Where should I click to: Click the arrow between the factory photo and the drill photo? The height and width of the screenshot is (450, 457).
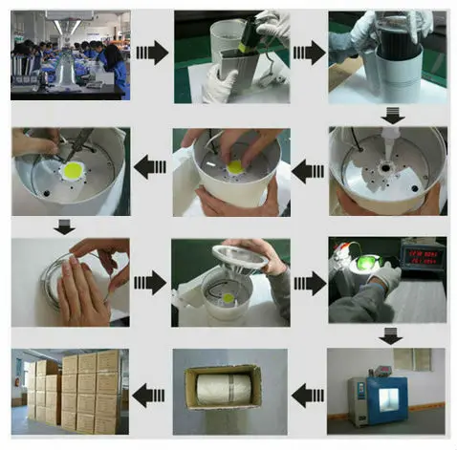tap(152, 53)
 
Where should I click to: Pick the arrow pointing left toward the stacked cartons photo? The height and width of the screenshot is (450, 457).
tap(150, 391)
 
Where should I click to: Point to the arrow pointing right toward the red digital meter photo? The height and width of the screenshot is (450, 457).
tap(308, 282)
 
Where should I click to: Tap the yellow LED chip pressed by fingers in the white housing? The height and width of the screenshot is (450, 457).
tap(234, 167)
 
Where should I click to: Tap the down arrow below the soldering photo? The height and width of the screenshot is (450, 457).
tap(63, 227)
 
